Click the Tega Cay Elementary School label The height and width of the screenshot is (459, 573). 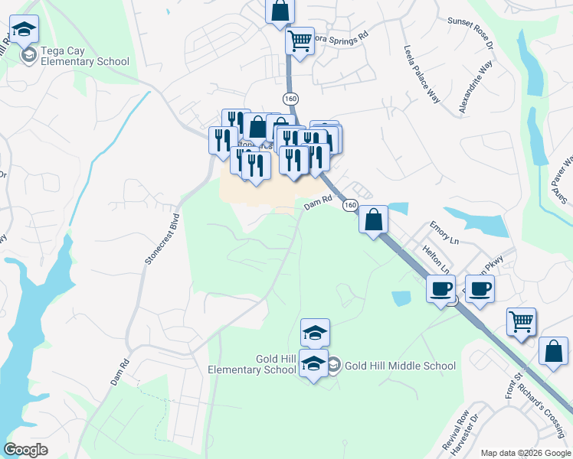coord(84,56)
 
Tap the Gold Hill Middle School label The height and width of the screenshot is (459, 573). coord(400,366)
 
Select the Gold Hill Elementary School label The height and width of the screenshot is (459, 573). coord(252,365)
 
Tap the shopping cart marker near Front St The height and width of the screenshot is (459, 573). coord(521,321)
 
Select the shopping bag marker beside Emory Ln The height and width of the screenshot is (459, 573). coord(373,220)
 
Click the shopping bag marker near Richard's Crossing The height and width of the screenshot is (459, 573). coord(552,350)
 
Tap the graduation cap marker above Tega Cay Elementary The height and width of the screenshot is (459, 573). coord(24,29)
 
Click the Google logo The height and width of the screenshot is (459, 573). coord(25,450)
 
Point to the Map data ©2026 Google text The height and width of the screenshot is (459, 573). coord(526,452)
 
